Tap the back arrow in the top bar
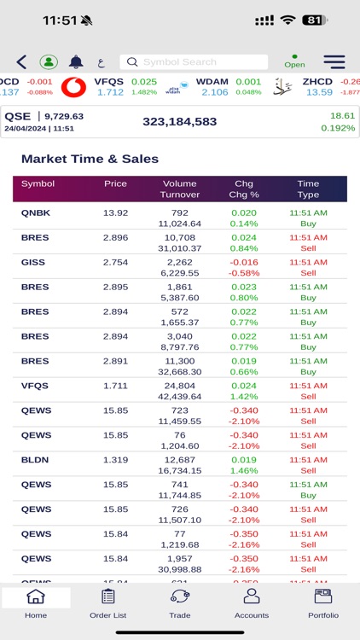coord(21,61)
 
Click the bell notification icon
coord(76,61)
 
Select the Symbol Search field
coord(194,62)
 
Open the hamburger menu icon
coord(334,61)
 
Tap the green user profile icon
coord(49,61)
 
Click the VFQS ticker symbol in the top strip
coord(109,82)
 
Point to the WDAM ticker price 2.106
coord(214,92)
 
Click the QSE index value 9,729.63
coord(64,116)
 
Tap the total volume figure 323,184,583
coord(179,122)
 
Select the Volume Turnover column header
coord(180,189)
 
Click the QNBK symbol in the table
coord(36,212)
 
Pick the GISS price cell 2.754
coord(115,262)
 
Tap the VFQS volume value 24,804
coord(180,386)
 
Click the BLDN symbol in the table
coord(35,460)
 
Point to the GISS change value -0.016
coord(243,262)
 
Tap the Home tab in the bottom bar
coord(36,604)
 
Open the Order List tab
coord(107,604)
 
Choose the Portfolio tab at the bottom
coord(323,604)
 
